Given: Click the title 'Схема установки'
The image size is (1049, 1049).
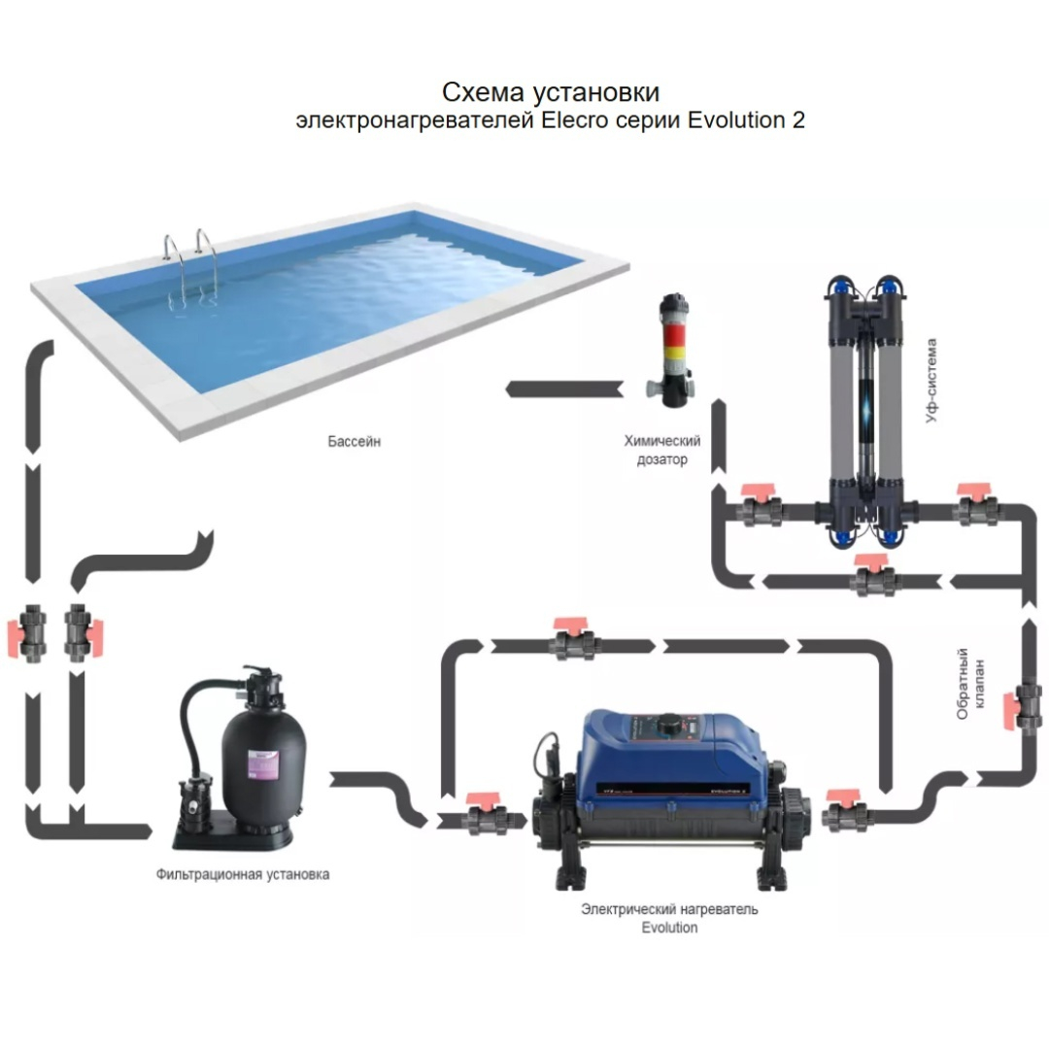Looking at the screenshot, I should pyautogui.click(x=551, y=92).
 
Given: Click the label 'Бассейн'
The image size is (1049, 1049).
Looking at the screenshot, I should pyautogui.click(x=355, y=442).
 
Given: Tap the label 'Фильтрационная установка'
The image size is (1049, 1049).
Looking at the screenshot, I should pyautogui.click(x=243, y=874).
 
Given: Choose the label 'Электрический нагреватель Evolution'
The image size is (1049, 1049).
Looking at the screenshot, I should pyautogui.click(x=669, y=918).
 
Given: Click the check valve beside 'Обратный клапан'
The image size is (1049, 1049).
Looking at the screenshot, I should pyautogui.click(x=1029, y=704).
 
